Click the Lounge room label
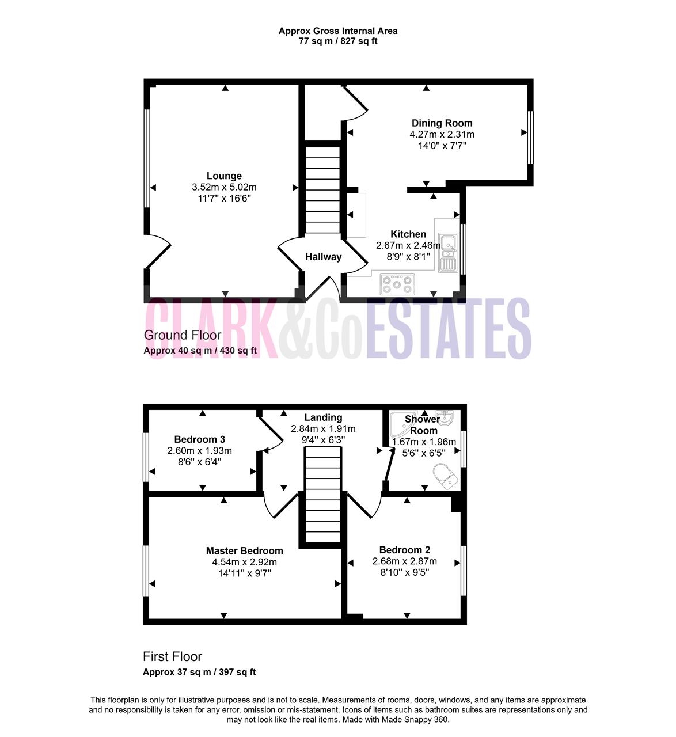coord(224,176)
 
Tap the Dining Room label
coord(442,123)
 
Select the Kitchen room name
coord(408,234)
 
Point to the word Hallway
coord(324,257)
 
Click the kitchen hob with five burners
coord(397,284)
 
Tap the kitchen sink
coord(448,252)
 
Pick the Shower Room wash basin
coord(445,417)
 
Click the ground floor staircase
coord(323,189)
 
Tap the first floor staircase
coord(323,495)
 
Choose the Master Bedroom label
coord(245,550)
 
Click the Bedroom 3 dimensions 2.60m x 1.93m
coord(200,450)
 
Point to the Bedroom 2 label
coord(405,550)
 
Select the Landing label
coord(323,417)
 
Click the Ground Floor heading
coord(183,335)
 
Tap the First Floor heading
coord(172,656)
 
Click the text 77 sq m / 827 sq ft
coord(338,41)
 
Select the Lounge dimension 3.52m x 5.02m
coord(224,187)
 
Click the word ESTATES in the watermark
coord(448,328)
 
